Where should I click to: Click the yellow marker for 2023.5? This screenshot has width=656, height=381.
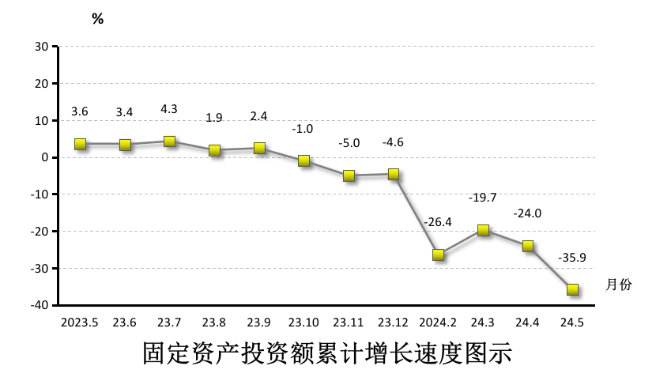tap(80, 144)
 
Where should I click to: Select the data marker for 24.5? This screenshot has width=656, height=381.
tap(572, 289)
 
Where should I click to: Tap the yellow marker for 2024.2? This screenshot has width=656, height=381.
tap(438, 255)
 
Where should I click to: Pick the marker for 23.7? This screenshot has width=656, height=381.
tap(169, 141)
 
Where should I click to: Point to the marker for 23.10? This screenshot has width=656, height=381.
tap(303, 160)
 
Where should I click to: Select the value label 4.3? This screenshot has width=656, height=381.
tap(169, 109)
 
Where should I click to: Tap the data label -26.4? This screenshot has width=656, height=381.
tap(438, 222)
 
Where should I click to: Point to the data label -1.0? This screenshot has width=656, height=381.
tap(303, 128)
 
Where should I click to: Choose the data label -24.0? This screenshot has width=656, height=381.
tap(527, 213)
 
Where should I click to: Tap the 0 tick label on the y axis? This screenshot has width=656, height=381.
tap(46, 157)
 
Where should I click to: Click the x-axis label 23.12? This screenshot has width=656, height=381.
tap(393, 323)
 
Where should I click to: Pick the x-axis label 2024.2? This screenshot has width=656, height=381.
tap(438, 323)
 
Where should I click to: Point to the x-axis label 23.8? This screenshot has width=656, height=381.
tap(213, 323)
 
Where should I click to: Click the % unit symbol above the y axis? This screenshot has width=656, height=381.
tap(97, 19)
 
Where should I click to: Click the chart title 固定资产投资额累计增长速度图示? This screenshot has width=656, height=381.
tap(327, 353)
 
